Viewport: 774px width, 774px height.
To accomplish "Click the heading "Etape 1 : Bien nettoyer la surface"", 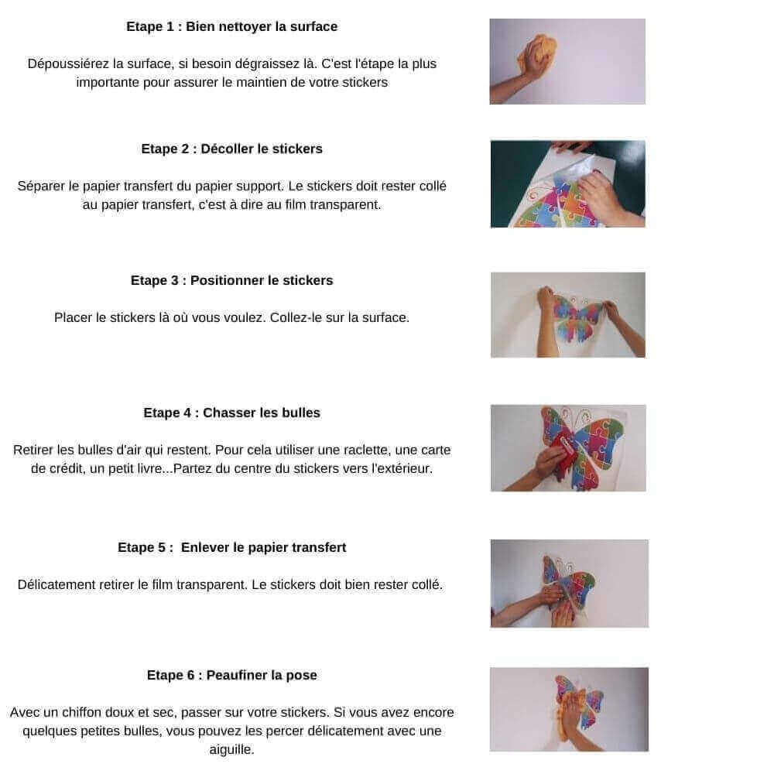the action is (x=231, y=26).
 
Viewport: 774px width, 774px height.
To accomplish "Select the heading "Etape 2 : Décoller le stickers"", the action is (x=231, y=149).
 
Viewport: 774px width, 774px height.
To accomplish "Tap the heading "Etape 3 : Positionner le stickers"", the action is (x=231, y=280).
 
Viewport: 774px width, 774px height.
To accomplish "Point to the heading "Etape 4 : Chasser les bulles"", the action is (x=231, y=413).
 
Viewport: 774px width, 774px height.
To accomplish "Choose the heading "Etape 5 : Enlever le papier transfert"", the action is (x=231, y=547).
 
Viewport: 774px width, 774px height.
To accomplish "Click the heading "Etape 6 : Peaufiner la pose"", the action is (x=231, y=675).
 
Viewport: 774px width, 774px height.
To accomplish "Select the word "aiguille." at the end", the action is (x=231, y=749).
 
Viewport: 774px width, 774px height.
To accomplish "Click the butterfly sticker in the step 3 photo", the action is (x=578, y=318).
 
